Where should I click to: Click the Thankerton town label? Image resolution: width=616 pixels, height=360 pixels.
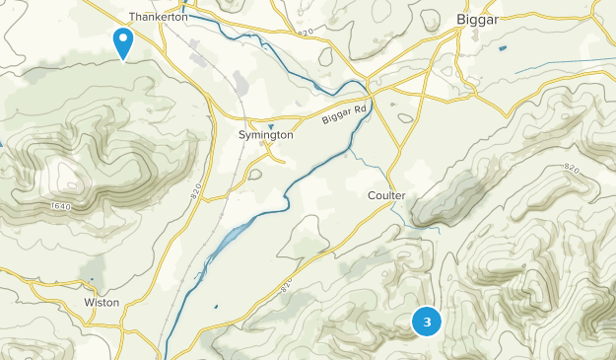pos(159,17)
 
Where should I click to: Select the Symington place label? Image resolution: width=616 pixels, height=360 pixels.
pos(266,134)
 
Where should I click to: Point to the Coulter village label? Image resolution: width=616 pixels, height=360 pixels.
pos(387,195)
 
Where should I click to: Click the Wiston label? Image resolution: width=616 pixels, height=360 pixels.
pos(102,302)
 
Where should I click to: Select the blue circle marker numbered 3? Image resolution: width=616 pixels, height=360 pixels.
pos(427,322)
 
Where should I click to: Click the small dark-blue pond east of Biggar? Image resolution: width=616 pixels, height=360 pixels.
pos(503,48)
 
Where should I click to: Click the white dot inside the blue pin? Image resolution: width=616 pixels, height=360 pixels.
pos(123,38)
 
